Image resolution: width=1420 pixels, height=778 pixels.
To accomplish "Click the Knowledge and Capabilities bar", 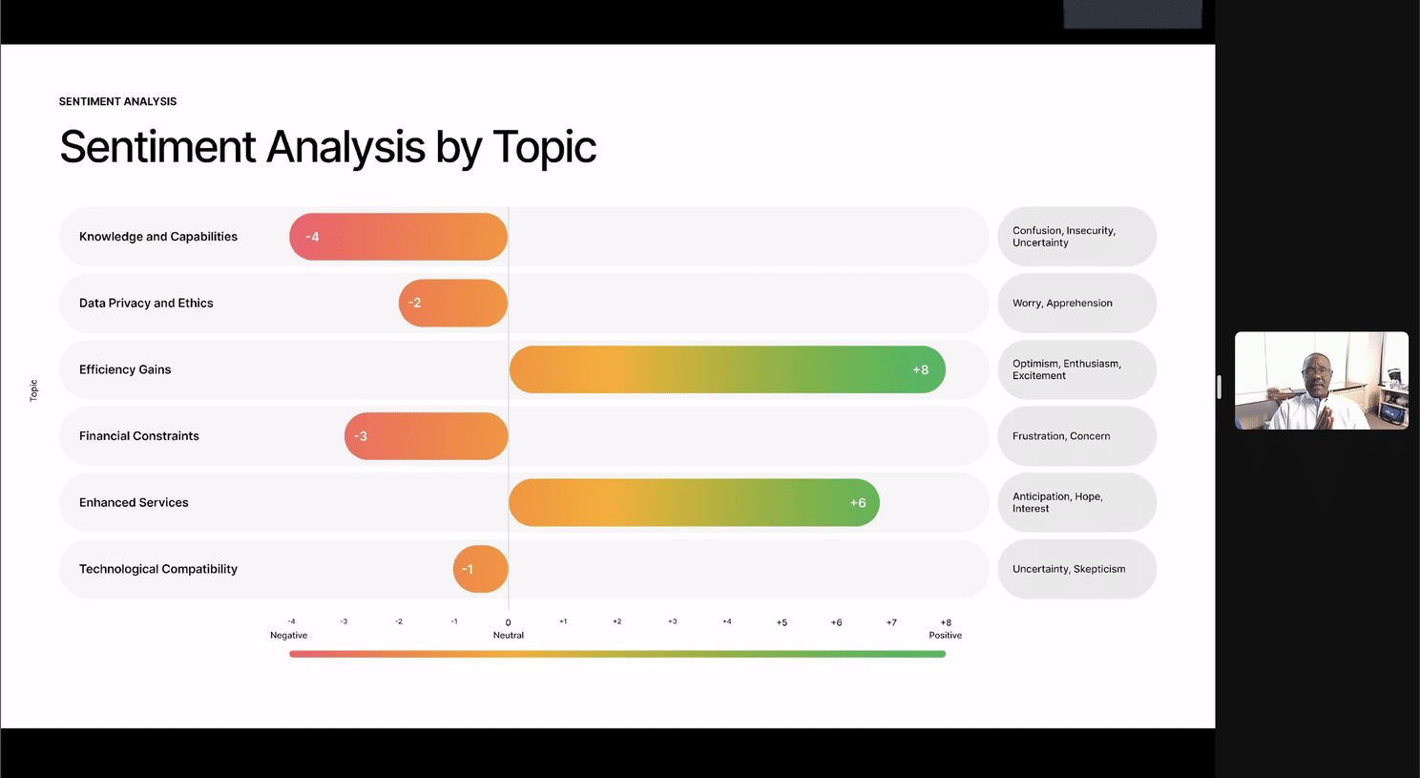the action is click(398, 237).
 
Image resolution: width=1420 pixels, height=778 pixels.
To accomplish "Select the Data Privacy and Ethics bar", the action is click(453, 303).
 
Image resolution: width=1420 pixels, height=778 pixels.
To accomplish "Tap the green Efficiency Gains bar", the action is click(727, 369).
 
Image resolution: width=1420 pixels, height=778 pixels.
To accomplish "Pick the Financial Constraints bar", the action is click(426, 436).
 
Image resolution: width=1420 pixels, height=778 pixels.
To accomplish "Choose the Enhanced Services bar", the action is click(694, 502).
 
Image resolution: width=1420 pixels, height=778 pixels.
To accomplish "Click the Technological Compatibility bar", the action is click(481, 569).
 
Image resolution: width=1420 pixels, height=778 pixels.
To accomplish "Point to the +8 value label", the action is click(921, 369).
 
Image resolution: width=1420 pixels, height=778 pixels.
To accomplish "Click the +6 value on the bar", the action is click(858, 503).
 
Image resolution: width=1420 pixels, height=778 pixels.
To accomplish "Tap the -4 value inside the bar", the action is click(312, 237).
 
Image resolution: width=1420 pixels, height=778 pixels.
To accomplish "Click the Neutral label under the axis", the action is click(509, 636).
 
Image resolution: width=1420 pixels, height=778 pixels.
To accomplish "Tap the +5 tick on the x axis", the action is click(782, 622).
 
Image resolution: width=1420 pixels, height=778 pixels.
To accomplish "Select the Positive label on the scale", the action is click(945, 636).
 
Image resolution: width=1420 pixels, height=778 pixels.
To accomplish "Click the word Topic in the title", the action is click(544, 147).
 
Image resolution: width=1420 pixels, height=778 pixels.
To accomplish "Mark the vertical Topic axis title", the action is click(33, 390).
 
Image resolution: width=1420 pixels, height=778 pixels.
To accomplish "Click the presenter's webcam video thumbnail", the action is click(1322, 381).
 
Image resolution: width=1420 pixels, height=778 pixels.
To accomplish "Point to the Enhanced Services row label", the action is click(134, 503).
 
